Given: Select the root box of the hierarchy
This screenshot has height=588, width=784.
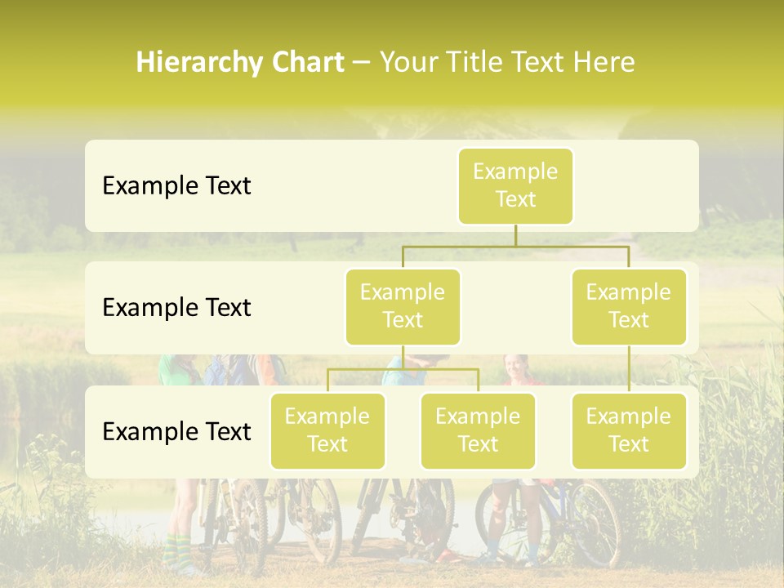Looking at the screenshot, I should point(515,185).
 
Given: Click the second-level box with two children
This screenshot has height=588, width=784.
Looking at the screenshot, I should point(403,306).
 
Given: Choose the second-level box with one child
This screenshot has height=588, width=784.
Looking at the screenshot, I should point(629,306).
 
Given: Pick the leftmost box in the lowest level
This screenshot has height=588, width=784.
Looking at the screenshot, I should point(327,430).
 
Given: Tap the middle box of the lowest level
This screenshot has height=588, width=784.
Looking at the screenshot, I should point(478,430).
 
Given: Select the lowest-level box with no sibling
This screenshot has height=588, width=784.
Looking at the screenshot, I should point(629,430).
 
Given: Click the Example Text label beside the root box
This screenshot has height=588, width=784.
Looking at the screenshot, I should point(176,186).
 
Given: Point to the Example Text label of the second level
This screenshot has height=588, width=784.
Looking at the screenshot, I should point(176,308).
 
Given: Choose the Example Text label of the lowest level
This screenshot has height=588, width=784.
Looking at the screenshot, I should point(176,431).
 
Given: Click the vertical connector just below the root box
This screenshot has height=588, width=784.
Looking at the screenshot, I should point(515,235).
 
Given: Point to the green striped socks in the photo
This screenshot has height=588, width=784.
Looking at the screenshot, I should point(175,549).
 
